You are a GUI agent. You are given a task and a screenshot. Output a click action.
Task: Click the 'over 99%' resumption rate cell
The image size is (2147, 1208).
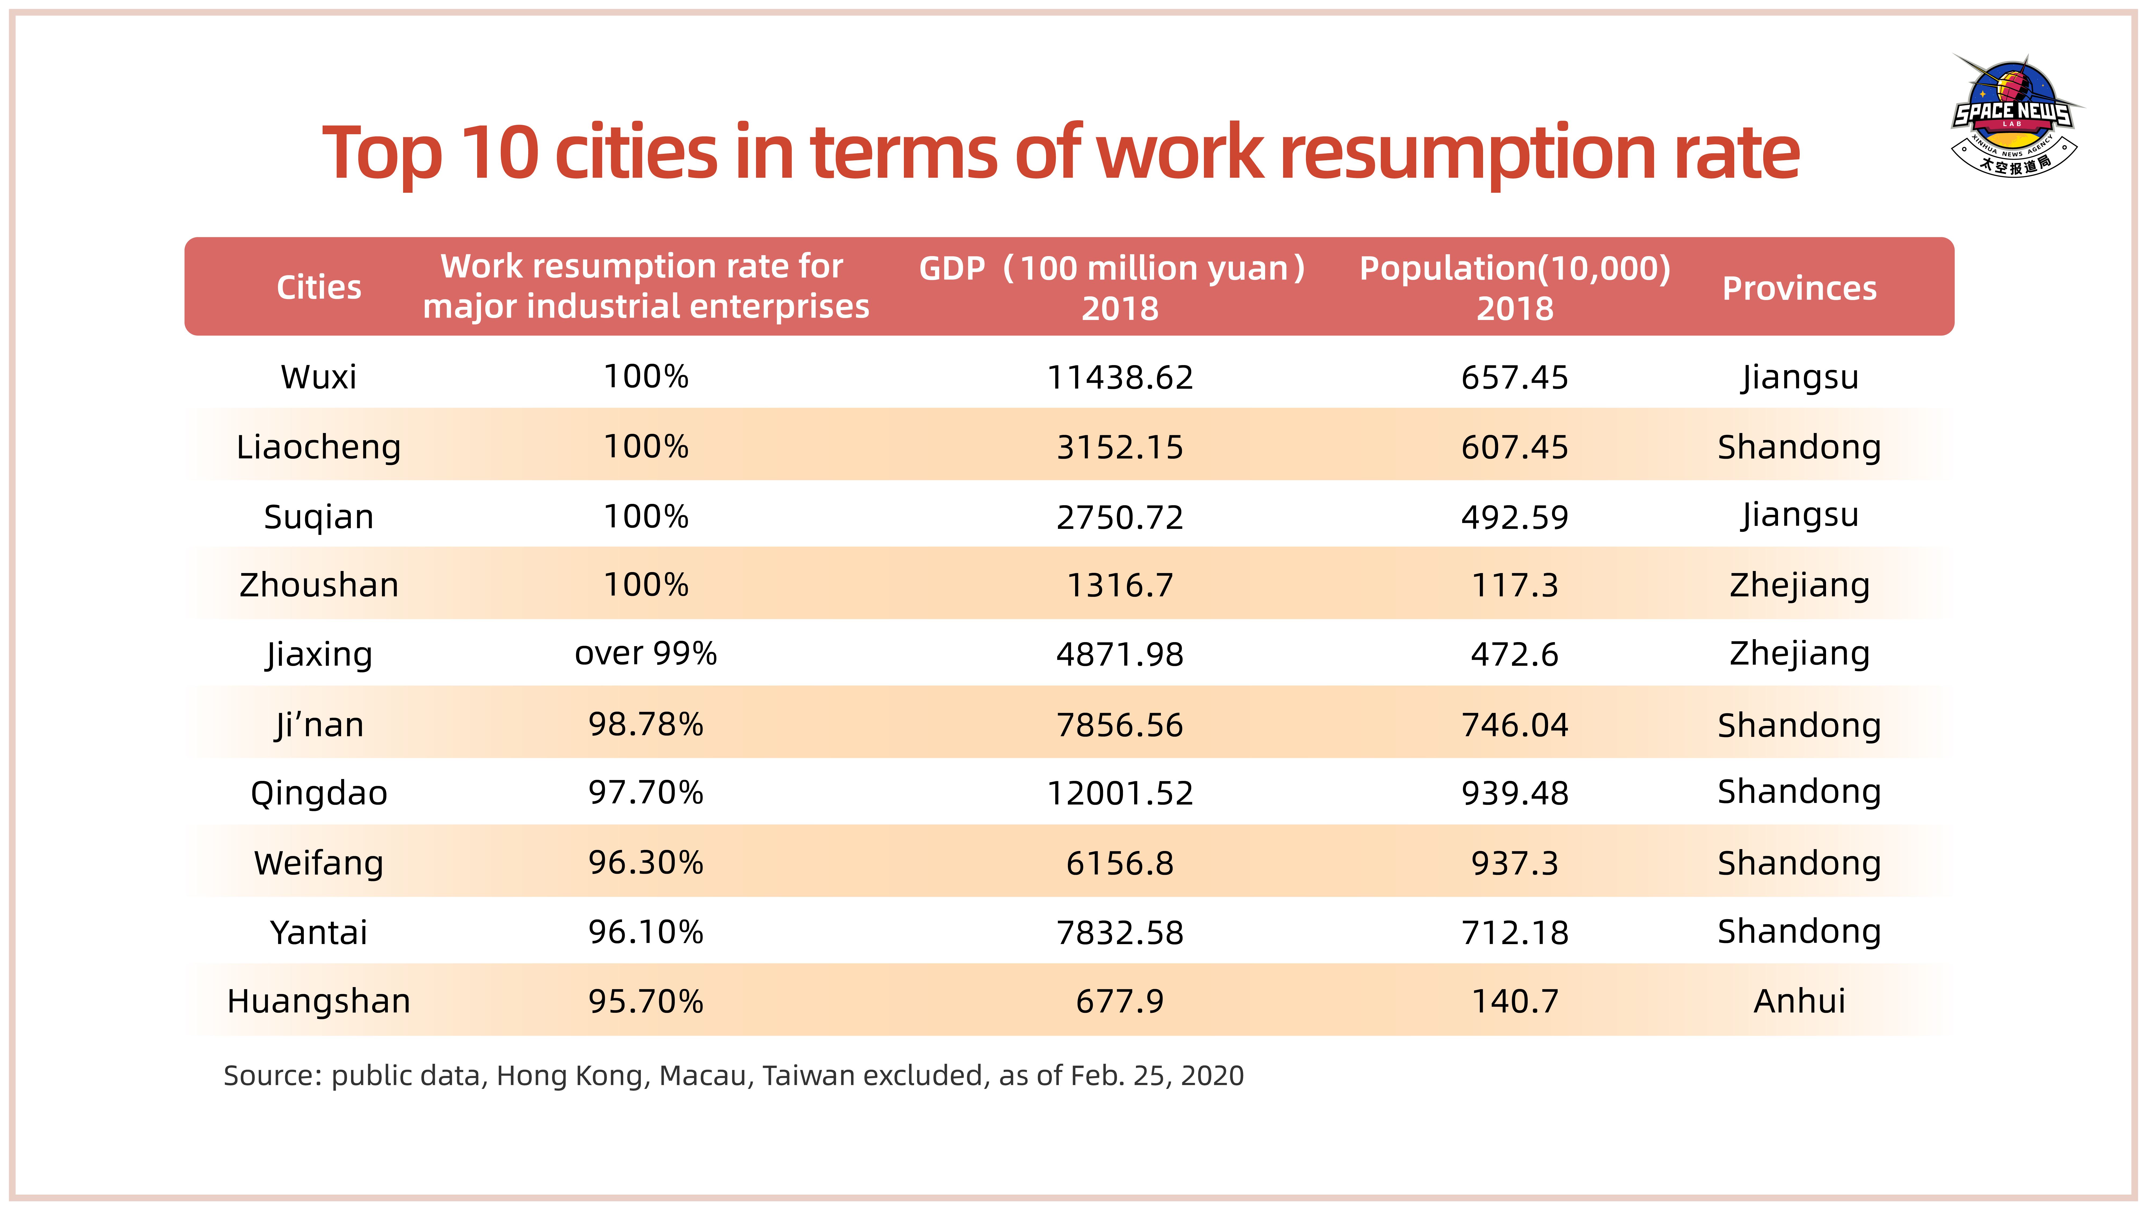pos(646,654)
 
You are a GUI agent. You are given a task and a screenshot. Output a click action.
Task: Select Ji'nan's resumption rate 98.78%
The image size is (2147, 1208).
pos(646,725)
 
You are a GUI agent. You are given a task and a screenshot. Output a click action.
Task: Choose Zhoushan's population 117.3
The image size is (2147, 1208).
pos(1514,585)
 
